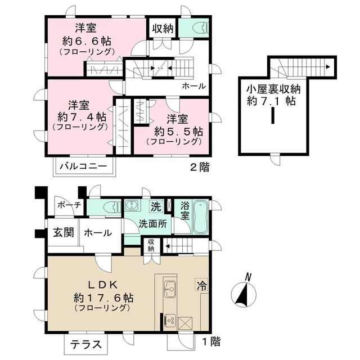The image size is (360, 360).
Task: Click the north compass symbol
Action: click(x=244, y=292)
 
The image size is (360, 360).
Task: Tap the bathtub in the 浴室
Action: click(x=201, y=217)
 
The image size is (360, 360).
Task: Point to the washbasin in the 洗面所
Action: click(x=131, y=205)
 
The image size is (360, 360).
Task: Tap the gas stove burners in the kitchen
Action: click(x=170, y=319)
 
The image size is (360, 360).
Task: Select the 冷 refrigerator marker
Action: click(x=201, y=285)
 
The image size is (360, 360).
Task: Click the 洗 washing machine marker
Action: click(x=156, y=206)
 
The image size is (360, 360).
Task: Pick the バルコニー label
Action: click(x=84, y=166)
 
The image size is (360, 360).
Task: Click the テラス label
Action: click(x=85, y=344)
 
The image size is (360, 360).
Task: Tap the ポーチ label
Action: click(x=69, y=205)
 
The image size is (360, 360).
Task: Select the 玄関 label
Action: click(x=64, y=232)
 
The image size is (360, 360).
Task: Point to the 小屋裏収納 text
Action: click(x=273, y=89)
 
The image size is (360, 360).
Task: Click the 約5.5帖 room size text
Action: click(x=178, y=132)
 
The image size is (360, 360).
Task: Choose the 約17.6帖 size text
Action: click(x=103, y=298)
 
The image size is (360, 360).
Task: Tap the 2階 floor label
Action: click(x=200, y=167)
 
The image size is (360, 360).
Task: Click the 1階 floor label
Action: click(x=211, y=342)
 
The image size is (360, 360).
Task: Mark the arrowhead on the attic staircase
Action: click(x=328, y=67)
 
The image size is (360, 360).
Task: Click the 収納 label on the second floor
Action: click(x=163, y=29)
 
